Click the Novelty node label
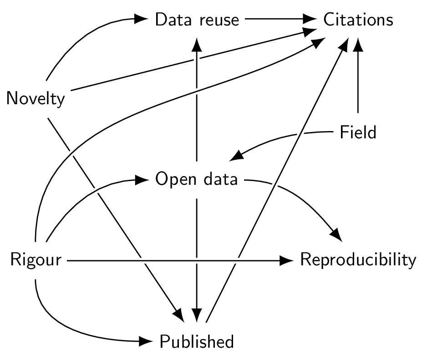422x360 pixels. [36, 98]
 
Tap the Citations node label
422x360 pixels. [358, 20]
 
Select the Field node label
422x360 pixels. [358, 132]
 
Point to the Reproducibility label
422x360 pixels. [358, 260]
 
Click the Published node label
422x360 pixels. [197, 341]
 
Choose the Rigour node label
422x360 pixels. [36, 261]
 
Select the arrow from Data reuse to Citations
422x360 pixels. [280, 20]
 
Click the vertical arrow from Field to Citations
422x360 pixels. [359, 77]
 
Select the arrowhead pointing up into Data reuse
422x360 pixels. [196, 44]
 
